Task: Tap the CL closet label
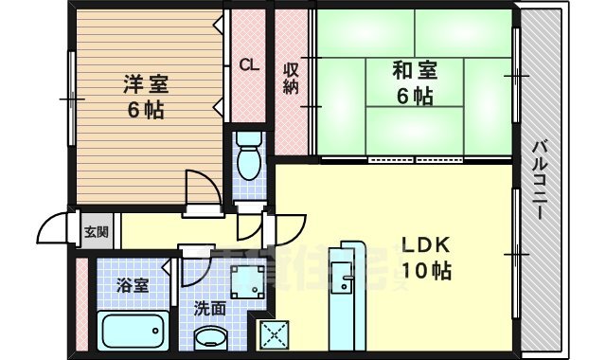pyautogui.click(x=248, y=65)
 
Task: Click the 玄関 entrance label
pyautogui.click(x=96, y=231)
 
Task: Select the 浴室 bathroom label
pyautogui.click(x=133, y=284)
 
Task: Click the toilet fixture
pyautogui.click(x=250, y=157)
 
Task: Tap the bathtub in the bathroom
pyautogui.click(x=134, y=332)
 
